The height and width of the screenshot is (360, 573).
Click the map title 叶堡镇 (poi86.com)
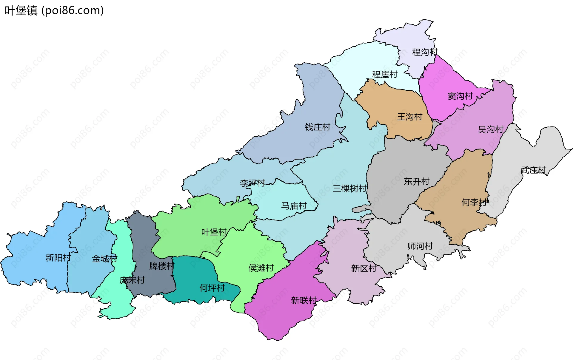coord(54,10)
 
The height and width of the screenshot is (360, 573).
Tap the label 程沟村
coord(425,52)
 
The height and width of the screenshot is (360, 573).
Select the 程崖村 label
coord(385,75)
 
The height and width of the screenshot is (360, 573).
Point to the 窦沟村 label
coord(460,96)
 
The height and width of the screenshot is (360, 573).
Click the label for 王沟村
coord(409,117)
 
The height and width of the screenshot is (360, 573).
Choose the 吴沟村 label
coord(491,129)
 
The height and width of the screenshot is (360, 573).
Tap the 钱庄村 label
coord(318,127)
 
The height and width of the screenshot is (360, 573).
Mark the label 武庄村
coord(533,170)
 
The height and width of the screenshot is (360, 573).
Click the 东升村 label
coord(416,182)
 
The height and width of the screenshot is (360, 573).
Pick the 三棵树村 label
coord(349,189)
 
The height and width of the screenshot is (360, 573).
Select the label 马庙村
coord(294,206)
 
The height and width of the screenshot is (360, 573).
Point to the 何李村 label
coord(474,203)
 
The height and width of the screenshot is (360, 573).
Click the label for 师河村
coord(420,246)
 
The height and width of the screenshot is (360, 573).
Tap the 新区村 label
coord(363,268)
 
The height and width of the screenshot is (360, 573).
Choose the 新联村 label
coord(304,300)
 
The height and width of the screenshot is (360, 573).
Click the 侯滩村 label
coord(261,268)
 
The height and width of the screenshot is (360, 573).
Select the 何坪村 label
coord(212,288)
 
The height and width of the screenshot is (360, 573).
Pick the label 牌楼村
coord(162,266)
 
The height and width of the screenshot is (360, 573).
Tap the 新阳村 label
coord(58,258)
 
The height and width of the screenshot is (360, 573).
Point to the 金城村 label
coord(104,259)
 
